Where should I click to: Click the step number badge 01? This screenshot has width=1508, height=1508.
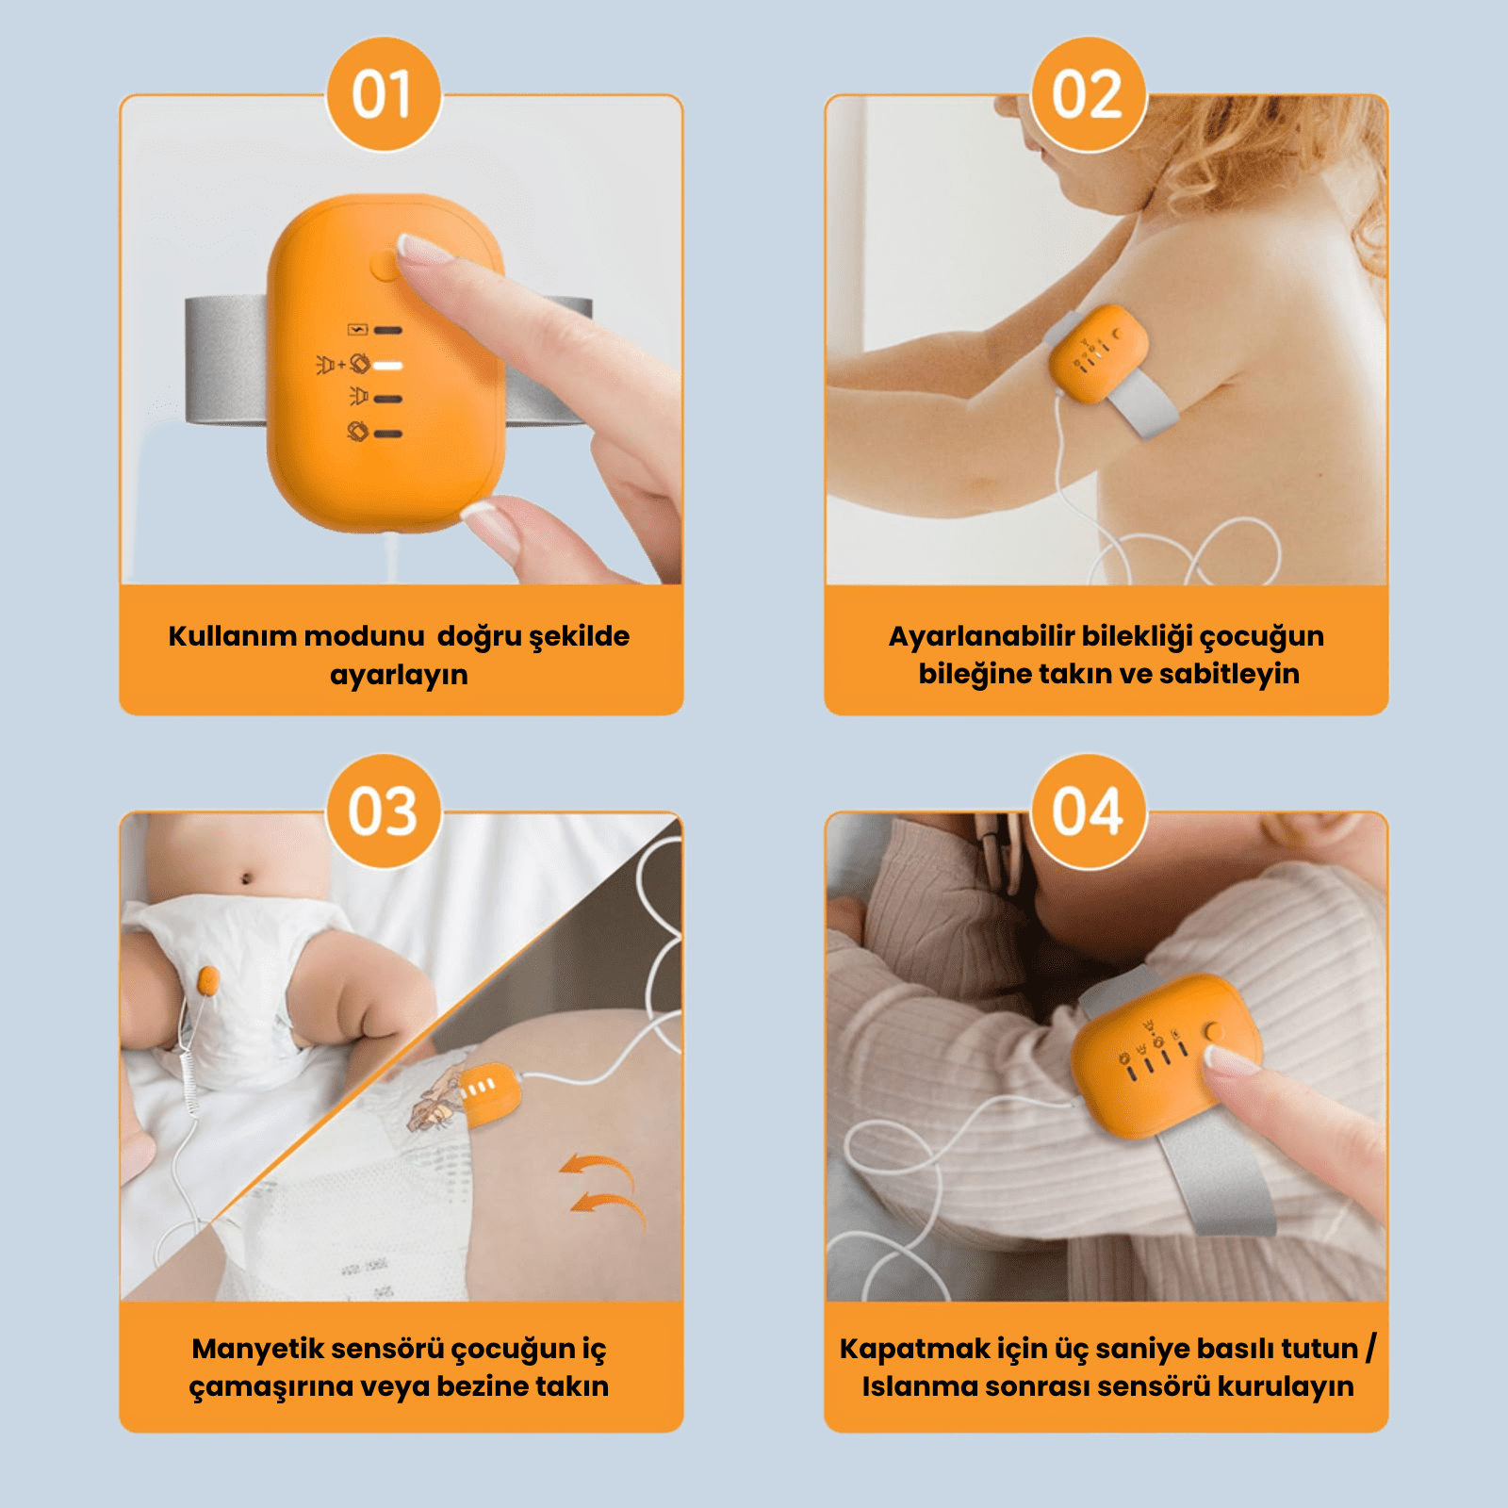(x=384, y=94)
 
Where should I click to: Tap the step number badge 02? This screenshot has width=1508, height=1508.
(x=1089, y=94)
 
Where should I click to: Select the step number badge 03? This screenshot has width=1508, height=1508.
(x=384, y=811)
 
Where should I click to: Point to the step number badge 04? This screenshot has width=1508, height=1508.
(x=1089, y=811)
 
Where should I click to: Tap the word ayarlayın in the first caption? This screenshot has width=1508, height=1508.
(x=399, y=676)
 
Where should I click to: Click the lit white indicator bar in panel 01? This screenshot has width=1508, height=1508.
(x=388, y=365)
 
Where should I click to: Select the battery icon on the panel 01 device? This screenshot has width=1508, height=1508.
(x=357, y=330)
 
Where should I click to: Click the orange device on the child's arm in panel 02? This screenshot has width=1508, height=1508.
(x=1099, y=353)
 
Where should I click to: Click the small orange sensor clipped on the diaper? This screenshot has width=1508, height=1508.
(x=208, y=981)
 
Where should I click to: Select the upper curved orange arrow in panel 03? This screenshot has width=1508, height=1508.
(x=598, y=1169)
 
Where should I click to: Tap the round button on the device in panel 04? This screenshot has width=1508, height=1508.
(x=1214, y=1032)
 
